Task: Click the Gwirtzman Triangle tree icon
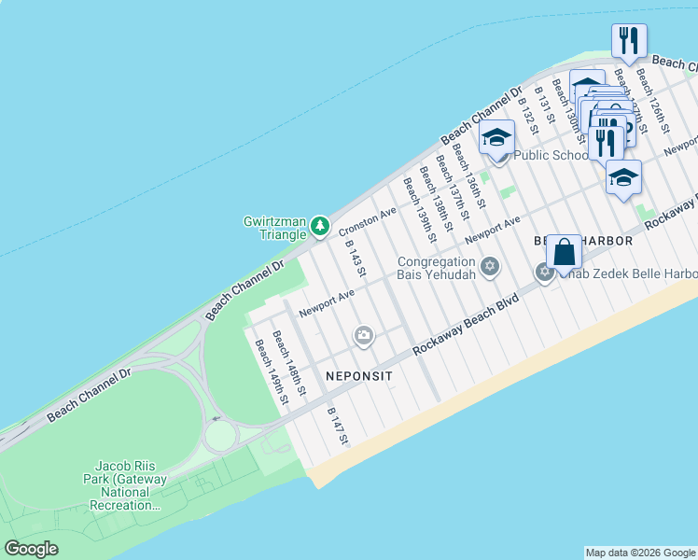pyautogui.click(x=320, y=226)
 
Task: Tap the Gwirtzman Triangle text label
pyautogui.click(x=273, y=229)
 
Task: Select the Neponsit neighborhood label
pyautogui.click(x=359, y=375)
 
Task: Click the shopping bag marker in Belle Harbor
pyautogui.click(x=564, y=252)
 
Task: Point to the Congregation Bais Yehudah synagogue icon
pyautogui.click(x=490, y=269)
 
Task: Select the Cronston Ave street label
pyautogui.click(x=368, y=221)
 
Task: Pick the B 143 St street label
pyautogui.click(x=355, y=258)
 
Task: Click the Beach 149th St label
pyautogui.click(x=271, y=372)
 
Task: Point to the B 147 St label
pyautogui.click(x=337, y=426)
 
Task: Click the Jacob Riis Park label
pyautogui.click(x=130, y=485)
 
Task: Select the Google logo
pyautogui.click(x=31, y=549)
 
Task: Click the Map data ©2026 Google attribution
pyautogui.click(x=640, y=553)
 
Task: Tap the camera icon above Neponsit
pyautogui.click(x=364, y=335)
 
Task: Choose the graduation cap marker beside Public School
pyautogui.click(x=497, y=138)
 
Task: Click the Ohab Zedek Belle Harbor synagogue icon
pyautogui.click(x=545, y=273)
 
